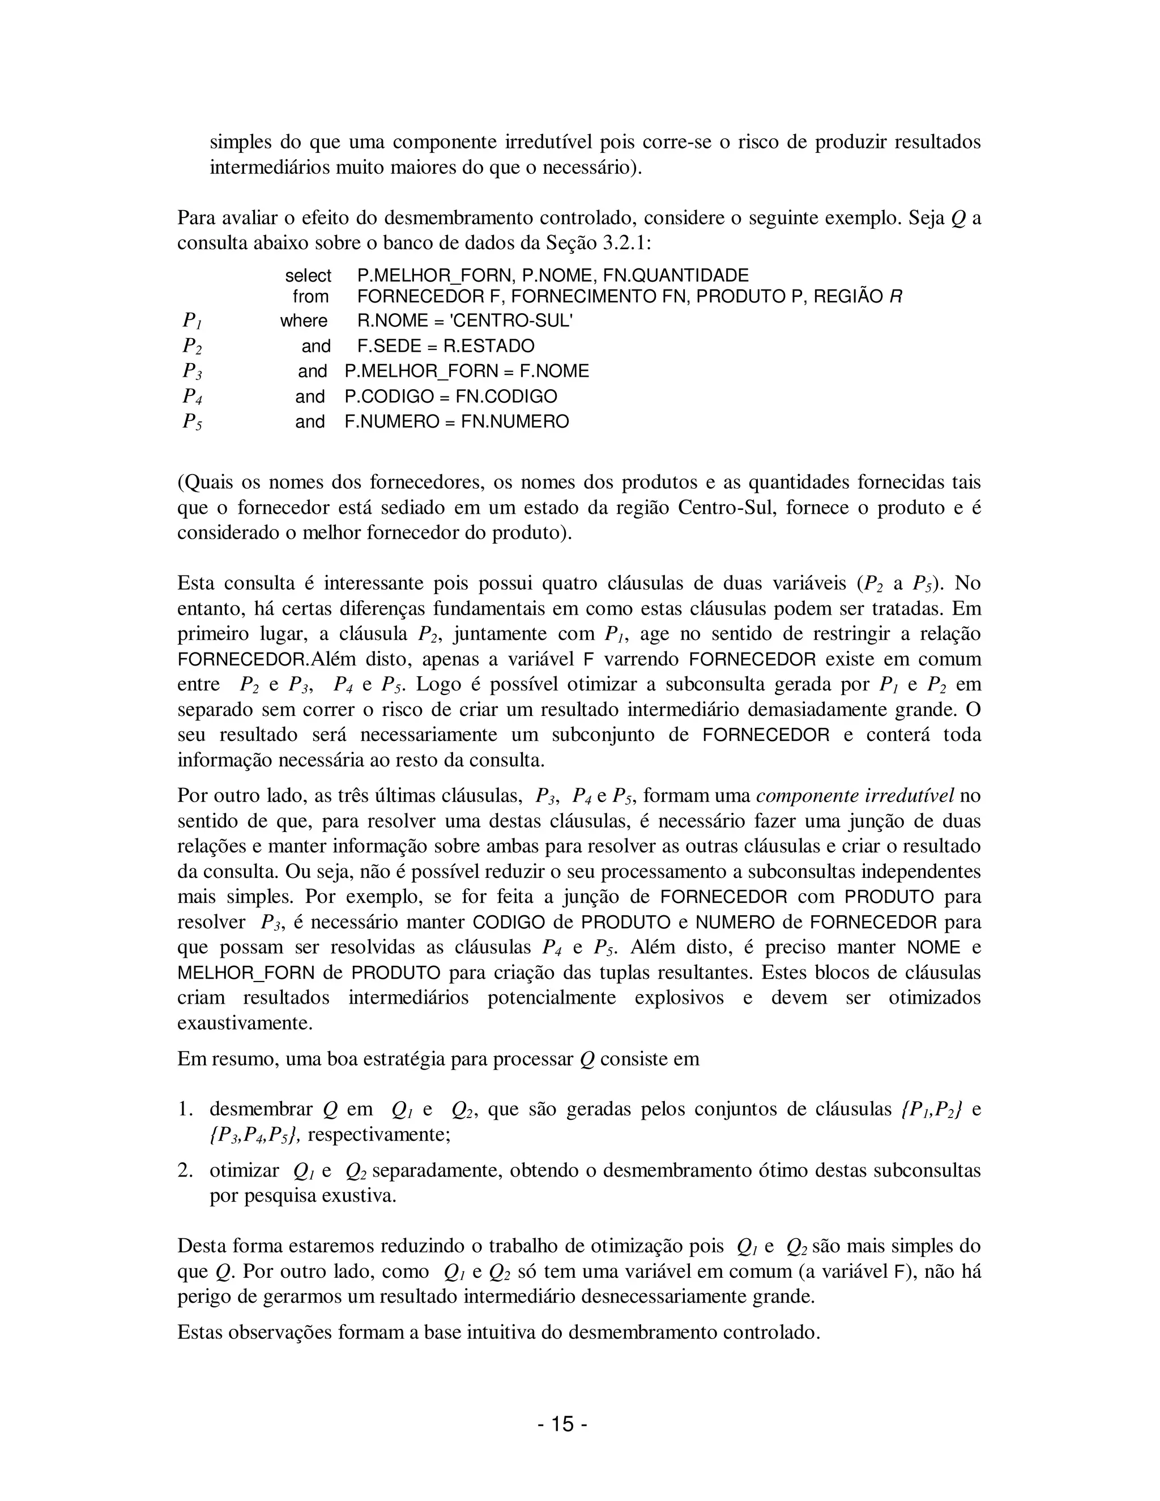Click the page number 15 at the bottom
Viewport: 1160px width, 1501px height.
click(561, 1425)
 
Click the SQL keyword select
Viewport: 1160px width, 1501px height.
click(308, 276)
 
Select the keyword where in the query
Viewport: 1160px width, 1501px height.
click(304, 321)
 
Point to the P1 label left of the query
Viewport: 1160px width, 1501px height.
click(192, 321)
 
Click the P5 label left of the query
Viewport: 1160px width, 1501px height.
click(192, 421)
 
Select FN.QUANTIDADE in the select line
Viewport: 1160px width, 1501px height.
click(676, 276)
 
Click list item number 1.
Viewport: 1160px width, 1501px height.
click(184, 1109)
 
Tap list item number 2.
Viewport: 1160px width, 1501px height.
click(184, 1170)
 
